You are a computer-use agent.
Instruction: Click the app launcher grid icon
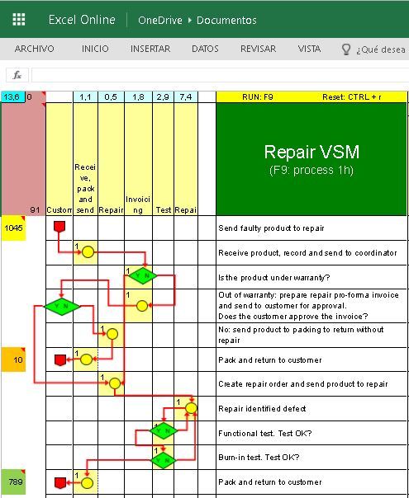[18, 20]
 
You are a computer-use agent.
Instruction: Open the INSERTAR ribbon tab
[150, 49]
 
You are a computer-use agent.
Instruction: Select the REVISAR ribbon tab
[258, 49]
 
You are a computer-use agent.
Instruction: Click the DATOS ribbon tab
[205, 49]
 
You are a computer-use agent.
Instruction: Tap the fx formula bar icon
[17, 74]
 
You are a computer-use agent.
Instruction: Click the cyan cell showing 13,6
[12, 97]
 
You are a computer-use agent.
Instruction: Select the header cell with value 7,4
[186, 97]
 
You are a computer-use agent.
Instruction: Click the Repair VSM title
[312, 153]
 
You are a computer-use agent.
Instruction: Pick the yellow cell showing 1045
[13, 228]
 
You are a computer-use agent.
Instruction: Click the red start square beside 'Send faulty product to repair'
[59, 226]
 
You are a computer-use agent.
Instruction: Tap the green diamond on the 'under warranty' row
[142, 275]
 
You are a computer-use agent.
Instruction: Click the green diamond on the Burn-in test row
[164, 459]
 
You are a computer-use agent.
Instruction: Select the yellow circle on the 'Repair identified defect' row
[191, 407]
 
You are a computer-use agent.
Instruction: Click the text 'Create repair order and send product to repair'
[302, 384]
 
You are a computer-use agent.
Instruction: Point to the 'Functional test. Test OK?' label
[264, 433]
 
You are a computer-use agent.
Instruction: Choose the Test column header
[164, 210]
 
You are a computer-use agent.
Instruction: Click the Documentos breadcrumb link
[226, 20]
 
